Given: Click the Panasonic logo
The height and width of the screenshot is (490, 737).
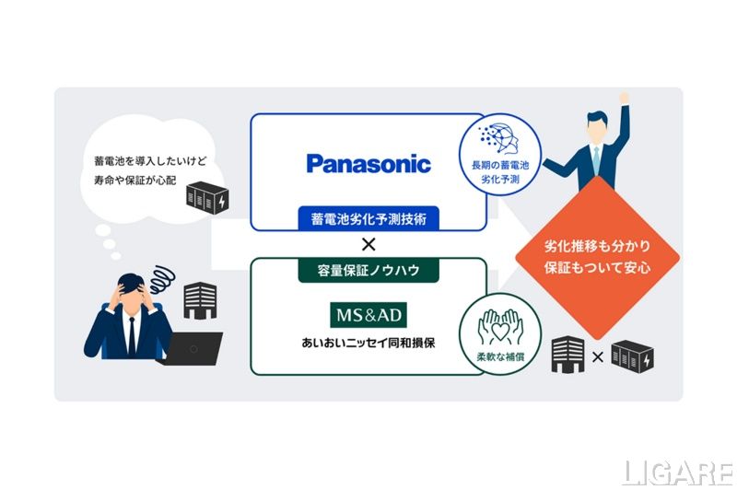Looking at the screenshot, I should (x=368, y=165).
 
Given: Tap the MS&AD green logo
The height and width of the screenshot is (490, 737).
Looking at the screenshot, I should (x=368, y=315).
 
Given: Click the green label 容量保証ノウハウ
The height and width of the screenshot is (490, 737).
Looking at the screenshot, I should (x=368, y=271).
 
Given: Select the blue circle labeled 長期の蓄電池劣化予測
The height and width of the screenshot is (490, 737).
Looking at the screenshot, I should (x=500, y=154).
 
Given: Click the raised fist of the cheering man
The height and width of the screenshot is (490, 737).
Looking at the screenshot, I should (x=624, y=97).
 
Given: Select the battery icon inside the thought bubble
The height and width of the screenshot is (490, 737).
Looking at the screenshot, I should (x=209, y=198).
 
